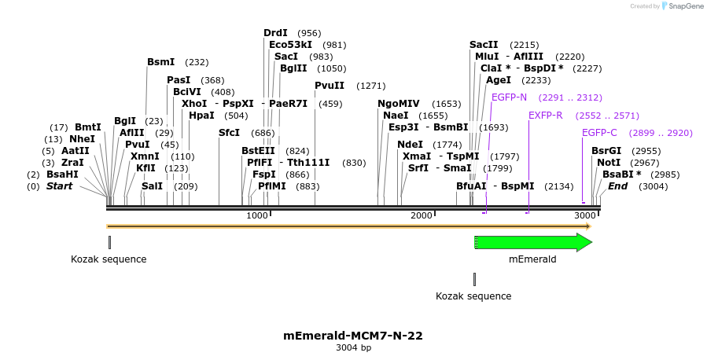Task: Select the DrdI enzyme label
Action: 275,33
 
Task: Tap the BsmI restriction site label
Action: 160,62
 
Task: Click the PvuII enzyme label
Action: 330,86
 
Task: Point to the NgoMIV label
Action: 398,104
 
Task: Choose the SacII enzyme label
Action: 484,45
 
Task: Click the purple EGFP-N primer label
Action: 509,97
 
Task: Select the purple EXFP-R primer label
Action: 545,116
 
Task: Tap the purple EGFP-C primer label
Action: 599,133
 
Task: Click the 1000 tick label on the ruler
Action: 257,216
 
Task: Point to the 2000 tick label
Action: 422,216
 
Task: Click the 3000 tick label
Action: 584,216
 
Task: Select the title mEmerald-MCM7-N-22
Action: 353,336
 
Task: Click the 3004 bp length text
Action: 353,348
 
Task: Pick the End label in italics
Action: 617,186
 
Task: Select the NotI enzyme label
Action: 609,163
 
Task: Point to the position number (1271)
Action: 371,86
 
